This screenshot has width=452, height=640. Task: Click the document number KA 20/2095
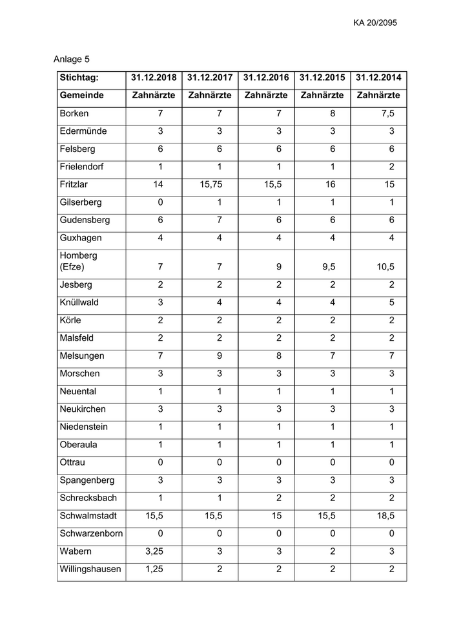pos(375,23)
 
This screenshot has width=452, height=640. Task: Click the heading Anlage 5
pos(67,59)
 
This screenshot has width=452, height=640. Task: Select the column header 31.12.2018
pos(154,78)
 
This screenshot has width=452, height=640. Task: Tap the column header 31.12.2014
pos(378,78)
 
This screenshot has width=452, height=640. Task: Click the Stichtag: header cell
pos(79,78)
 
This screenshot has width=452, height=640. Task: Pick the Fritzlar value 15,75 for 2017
pos(211,184)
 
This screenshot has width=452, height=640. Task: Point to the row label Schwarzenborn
pos(91,533)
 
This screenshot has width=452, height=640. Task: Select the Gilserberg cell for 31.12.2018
pos(160,202)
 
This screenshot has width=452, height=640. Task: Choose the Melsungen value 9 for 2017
pos(218,356)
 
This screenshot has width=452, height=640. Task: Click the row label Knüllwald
pos(79,303)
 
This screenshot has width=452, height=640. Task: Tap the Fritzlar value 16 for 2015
pos(330,184)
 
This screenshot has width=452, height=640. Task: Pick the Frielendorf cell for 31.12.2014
pos(391,167)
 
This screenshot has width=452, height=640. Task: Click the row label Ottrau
pos(73,463)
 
